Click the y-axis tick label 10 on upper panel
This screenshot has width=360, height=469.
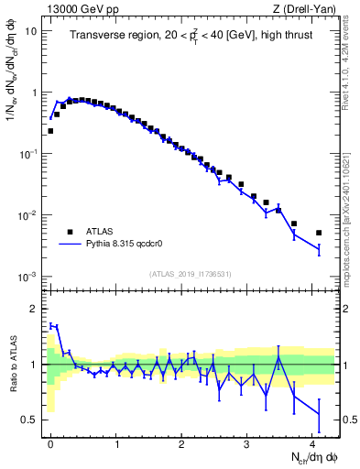tap(30, 31)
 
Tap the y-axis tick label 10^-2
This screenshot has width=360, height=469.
tap(27, 215)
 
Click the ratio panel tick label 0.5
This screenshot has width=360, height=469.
tap(28, 420)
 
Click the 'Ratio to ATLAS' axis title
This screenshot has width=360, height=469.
tap(12, 364)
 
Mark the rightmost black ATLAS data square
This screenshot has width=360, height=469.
tap(319, 233)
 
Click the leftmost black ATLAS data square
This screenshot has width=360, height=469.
tap(50, 131)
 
